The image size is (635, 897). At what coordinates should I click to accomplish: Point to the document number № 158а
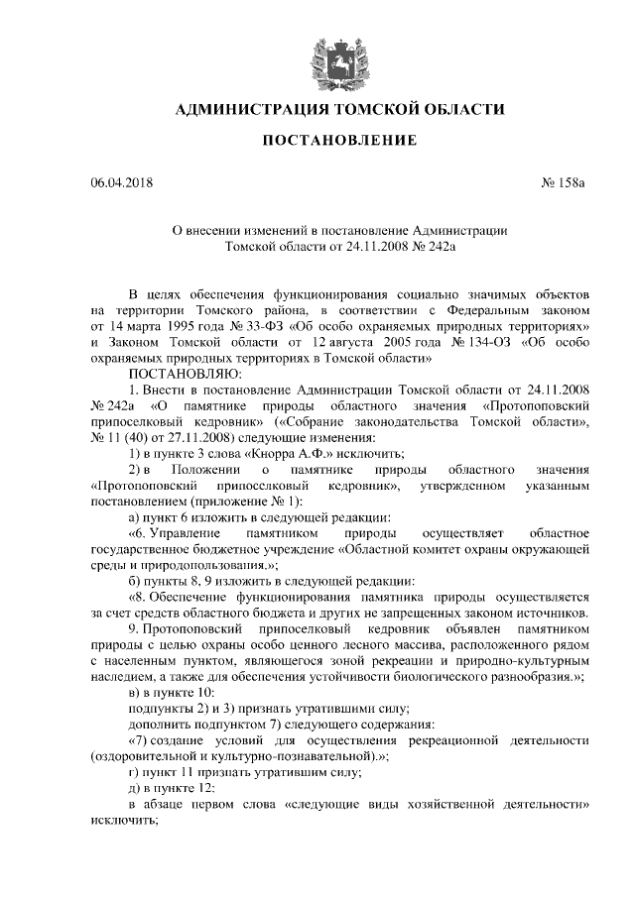pyautogui.click(x=566, y=183)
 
